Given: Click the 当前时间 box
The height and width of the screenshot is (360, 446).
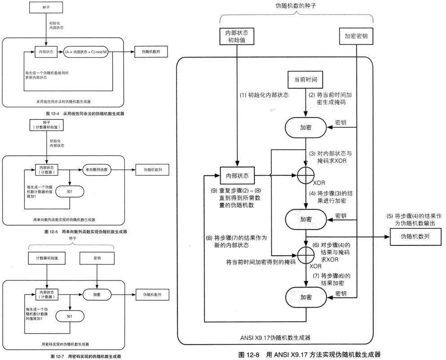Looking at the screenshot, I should [305, 80].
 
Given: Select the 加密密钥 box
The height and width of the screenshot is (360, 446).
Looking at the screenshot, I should [356, 36].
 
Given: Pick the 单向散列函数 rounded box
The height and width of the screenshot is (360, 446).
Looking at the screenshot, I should [98, 170].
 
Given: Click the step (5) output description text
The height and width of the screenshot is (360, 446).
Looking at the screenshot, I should [414, 219].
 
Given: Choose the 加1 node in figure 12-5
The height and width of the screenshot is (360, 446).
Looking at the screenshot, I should [69, 191].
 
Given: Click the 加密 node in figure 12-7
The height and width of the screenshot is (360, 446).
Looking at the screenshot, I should [97, 295].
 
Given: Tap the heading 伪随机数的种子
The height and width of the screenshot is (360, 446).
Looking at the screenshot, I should [297, 7].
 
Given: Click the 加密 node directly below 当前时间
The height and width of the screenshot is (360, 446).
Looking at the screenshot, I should [306, 128].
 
